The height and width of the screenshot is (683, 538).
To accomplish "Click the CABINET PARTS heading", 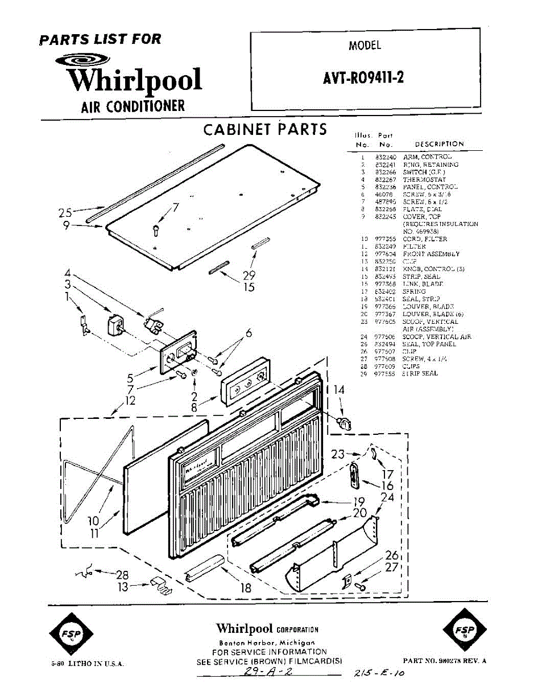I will [265, 129].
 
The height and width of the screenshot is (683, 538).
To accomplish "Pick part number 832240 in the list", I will [384, 157].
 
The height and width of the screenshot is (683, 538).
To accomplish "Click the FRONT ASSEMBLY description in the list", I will [431, 254].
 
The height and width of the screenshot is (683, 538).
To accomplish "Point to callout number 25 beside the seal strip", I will [65, 213].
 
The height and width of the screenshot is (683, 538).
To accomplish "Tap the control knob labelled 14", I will [343, 422].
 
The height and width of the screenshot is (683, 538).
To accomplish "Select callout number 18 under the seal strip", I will [246, 587].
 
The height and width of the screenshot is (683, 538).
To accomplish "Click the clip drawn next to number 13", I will [160, 586].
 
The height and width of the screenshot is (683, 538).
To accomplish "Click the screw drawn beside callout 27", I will [360, 586].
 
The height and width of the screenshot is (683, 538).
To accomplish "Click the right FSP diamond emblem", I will [464, 631].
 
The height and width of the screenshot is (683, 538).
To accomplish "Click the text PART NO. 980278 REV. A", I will [444, 661].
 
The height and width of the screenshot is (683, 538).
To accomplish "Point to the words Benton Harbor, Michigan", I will [267, 643].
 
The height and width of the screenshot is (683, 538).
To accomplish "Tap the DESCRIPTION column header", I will [439, 145].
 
